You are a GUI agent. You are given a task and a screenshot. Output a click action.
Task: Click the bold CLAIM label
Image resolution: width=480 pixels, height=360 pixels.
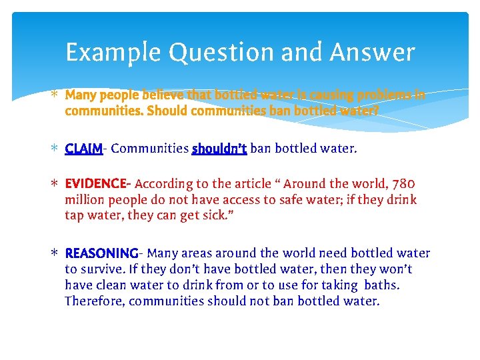[84, 149]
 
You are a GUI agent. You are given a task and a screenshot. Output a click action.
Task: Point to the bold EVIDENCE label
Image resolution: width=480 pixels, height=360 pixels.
[97, 183]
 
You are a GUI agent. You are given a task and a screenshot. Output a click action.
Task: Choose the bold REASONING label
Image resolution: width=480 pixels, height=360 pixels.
[101, 253]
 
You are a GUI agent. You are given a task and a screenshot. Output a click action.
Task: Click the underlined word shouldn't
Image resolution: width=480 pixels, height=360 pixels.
[219, 149]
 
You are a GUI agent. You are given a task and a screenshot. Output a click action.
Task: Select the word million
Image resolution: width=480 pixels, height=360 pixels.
[84, 199]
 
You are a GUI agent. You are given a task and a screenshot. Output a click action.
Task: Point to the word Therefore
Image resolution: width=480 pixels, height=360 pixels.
[94, 301]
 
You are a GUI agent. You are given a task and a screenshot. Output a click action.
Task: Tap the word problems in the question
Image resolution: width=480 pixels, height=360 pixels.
[382, 95]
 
